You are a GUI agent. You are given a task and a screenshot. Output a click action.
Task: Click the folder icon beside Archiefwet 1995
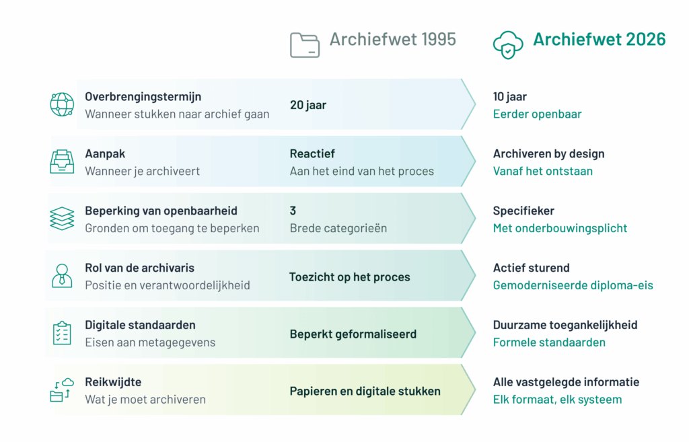pyautogui.click(x=305, y=45)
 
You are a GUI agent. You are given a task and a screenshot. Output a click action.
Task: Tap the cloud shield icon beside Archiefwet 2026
pyautogui.click(x=508, y=45)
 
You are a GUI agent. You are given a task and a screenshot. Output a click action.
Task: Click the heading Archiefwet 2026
pyautogui.click(x=600, y=40)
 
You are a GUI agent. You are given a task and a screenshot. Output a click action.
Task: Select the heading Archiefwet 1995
pyautogui.click(x=393, y=40)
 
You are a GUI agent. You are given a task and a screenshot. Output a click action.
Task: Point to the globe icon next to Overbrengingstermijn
pyautogui.click(x=62, y=104)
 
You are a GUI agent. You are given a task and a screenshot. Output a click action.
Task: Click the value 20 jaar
pyautogui.click(x=308, y=105)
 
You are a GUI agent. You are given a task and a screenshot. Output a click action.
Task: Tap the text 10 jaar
pyautogui.click(x=510, y=97)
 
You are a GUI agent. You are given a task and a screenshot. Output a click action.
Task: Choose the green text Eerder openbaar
pyautogui.click(x=537, y=114)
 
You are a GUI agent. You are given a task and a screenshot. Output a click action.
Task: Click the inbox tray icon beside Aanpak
pyautogui.click(x=62, y=161)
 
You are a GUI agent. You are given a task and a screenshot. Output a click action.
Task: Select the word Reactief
pyautogui.click(x=312, y=154)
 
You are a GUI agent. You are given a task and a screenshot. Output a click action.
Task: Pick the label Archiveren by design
pyautogui.click(x=549, y=154)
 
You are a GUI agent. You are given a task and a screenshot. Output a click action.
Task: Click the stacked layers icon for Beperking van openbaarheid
pyautogui.click(x=62, y=219)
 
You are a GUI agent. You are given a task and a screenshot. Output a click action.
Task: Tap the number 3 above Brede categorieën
pyautogui.click(x=293, y=211)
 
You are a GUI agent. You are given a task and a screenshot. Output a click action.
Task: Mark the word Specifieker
pyautogui.click(x=523, y=211)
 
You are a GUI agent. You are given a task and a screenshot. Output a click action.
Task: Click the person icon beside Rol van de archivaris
pyautogui.click(x=62, y=276)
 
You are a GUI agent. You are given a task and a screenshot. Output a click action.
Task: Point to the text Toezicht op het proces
pyautogui.click(x=349, y=277)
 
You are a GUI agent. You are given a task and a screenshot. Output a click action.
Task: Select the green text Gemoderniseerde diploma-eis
pyautogui.click(x=573, y=286)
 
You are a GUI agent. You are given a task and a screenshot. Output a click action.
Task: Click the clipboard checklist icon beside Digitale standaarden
pyautogui.click(x=62, y=332)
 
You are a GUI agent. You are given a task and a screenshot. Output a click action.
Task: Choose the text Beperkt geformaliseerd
pyautogui.click(x=353, y=334)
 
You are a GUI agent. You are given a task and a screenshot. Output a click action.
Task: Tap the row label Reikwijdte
pyautogui.click(x=113, y=382)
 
